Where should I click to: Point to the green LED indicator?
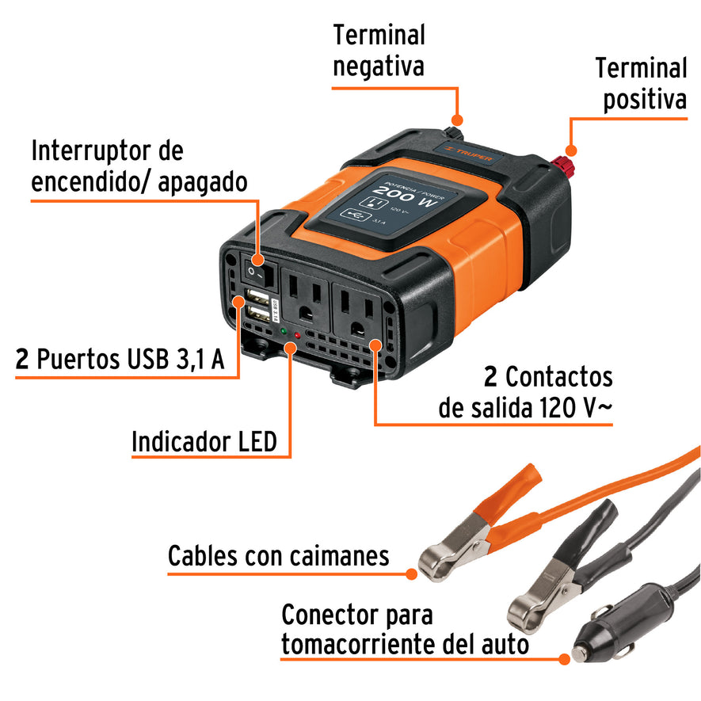(283, 330)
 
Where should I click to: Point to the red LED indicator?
(297, 335)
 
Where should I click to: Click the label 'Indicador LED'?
(204, 442)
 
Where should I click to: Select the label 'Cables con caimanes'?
(278, 556)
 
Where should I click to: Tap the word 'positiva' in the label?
(645, 101)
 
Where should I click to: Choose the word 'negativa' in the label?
(378, 66)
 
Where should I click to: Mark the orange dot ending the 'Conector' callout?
(564, 657)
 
